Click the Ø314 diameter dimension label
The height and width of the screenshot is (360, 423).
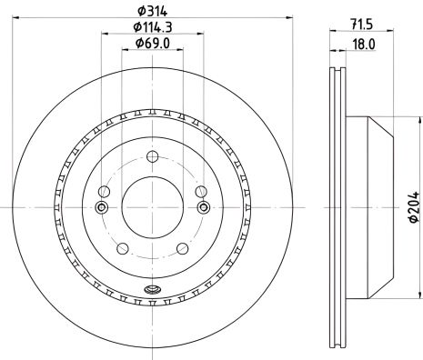point(153,11)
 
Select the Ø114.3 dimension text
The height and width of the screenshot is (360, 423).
point(153,27)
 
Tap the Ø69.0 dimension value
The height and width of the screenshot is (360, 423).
point(153,43)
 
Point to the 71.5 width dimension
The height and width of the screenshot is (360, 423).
point(361,25)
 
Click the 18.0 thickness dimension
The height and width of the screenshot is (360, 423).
point(364,45)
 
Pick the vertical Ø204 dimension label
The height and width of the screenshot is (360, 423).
point(414,207)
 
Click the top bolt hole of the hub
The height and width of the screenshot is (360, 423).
point(153,156)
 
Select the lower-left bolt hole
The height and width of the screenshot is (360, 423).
point(123,249)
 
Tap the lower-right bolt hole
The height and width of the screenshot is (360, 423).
point(183,249)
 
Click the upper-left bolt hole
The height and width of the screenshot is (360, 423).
point(104,192)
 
